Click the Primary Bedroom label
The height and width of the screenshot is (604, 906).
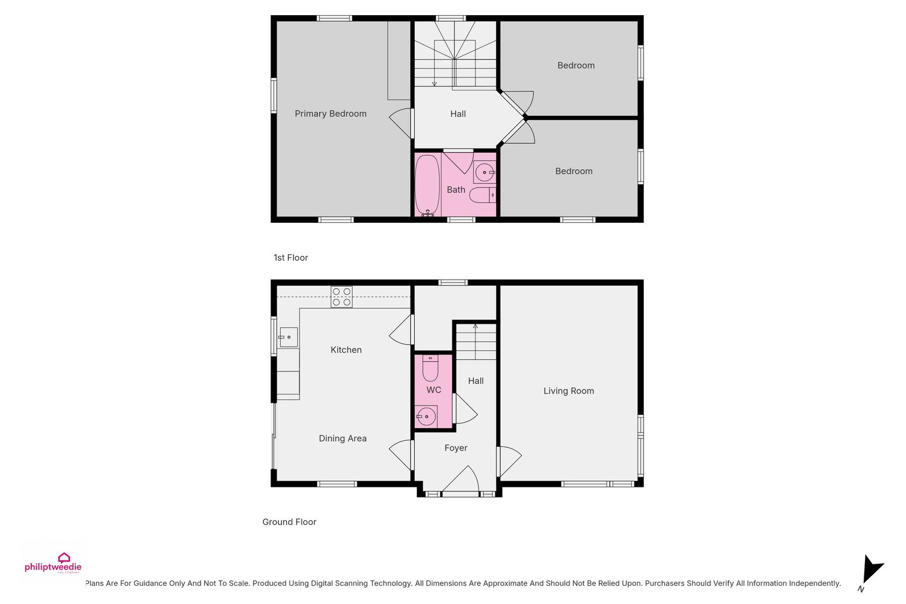330,114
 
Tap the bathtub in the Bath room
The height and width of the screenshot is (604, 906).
427,185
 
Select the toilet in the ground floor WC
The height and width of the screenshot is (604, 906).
430,368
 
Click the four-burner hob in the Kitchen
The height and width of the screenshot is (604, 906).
341,297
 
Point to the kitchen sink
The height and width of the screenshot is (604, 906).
288,337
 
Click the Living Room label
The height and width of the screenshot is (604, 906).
569,391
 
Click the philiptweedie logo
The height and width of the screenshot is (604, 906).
53,563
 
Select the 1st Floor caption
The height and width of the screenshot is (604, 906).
291,258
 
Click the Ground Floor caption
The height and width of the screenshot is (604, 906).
289,522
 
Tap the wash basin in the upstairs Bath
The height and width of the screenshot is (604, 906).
484,172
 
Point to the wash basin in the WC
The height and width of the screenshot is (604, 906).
426,416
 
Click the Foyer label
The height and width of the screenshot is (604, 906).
456,448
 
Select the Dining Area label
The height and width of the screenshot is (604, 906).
342,438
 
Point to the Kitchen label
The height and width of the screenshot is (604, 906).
346,350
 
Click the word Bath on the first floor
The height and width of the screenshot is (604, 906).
456,190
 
